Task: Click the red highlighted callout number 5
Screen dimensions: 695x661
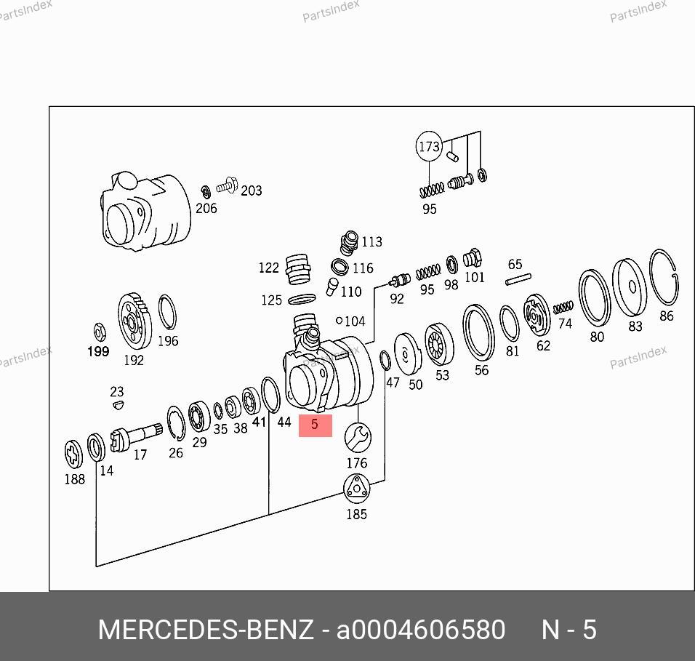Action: tap(315, 425)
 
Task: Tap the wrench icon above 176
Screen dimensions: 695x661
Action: tap(358, 438)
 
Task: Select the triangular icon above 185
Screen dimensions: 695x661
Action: tap(356, 489)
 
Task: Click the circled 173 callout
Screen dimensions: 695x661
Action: tap(429, 146)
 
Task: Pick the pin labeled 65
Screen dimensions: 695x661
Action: tap(518, 279)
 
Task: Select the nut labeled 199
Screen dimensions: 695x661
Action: tap(100, 332)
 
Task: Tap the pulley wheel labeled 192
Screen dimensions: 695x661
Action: tap(134, 321)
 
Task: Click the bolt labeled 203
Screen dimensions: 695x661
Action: tap(227, 186)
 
